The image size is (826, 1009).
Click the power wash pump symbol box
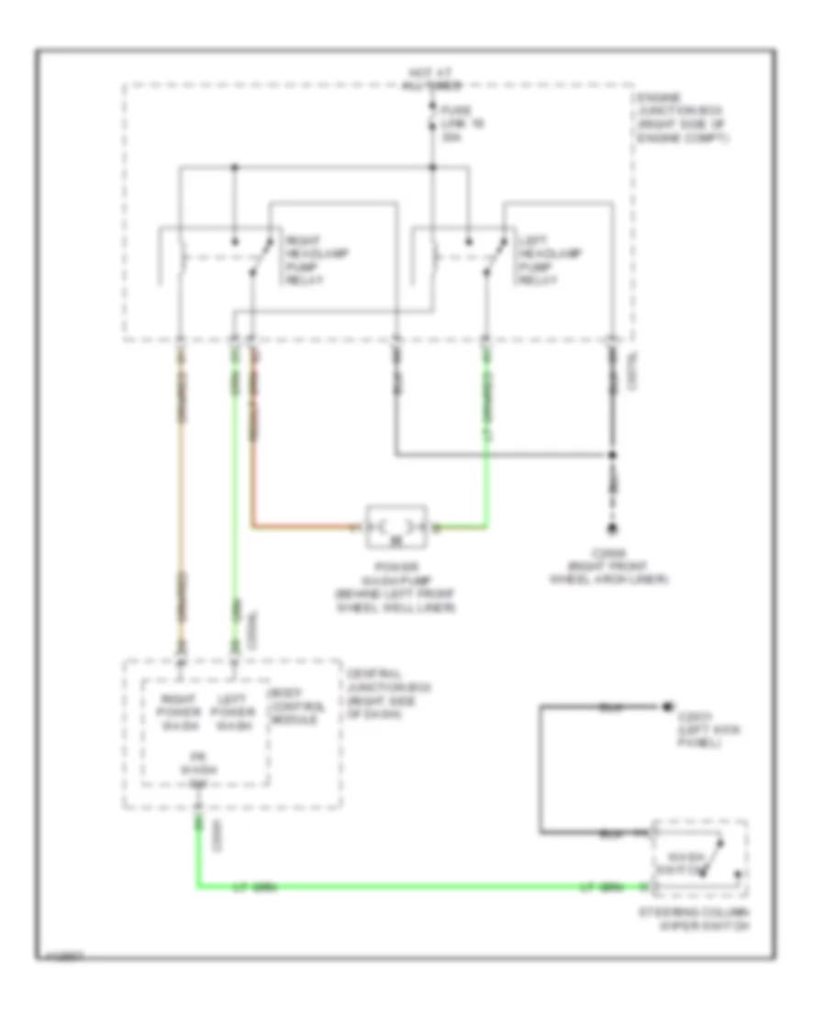coord(396,527)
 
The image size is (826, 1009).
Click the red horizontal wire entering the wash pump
coord(303,527)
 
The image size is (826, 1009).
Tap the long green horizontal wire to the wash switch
coord(413,887)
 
